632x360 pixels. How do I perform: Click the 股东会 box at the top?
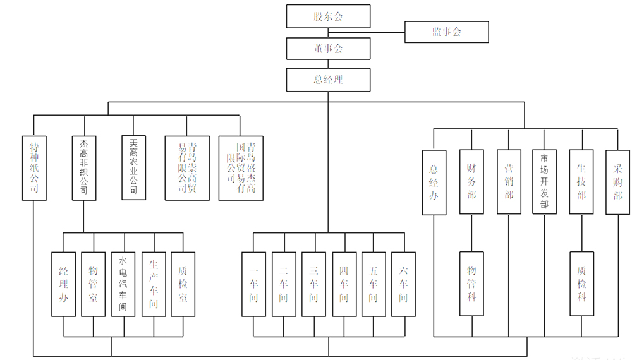328,16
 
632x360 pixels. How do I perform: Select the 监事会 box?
446,32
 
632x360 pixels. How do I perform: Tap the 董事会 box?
328,48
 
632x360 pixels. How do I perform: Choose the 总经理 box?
328,80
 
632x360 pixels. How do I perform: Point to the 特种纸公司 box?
34,168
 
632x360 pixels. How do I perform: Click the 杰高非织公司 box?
83,168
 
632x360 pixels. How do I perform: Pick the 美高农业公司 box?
133,168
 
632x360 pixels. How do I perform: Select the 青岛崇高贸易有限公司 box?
187,168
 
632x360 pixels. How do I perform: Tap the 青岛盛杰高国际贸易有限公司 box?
241,168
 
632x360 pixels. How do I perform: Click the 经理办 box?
63,284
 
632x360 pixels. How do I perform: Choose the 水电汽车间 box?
123,284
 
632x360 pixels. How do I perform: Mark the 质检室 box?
183,284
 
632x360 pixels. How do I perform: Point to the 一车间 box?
253,284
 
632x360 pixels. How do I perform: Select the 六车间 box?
404,284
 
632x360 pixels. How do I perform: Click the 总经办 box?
434,182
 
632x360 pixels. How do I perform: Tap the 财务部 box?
471,182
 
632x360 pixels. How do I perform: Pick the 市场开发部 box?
544,182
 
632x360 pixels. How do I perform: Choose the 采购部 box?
617,182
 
